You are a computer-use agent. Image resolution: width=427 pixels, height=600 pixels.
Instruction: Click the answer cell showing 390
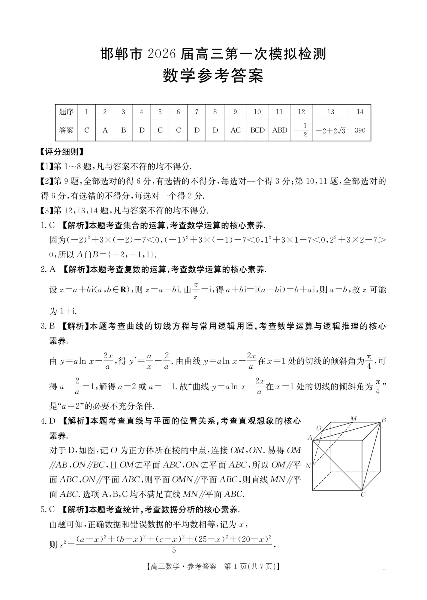click(x=360, y=130)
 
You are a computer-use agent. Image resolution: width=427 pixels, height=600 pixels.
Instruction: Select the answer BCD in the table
click(x=257, y=130)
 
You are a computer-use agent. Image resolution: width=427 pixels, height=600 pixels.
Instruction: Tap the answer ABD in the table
click(x=279, y=130)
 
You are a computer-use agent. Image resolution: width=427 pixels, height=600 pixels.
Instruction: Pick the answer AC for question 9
click(x=235, y=130)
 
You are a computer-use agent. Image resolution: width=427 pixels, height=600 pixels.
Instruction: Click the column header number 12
click(x=301, y=112)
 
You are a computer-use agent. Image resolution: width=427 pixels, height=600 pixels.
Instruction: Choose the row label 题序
click(x=66, y=112)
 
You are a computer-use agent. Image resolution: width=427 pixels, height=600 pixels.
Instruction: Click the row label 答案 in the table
click(x=66, y=130)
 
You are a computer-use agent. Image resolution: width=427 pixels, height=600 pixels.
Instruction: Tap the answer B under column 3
click(x=123, y=130)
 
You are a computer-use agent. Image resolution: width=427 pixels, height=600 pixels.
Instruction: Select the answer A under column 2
click(x=105, y=130)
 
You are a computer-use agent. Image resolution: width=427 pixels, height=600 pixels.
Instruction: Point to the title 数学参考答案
click(x=213, y=76)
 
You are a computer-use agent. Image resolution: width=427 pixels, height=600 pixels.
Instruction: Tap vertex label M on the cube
click(x=353, y=419)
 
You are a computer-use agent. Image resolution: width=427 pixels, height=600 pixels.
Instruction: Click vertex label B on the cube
click(x=383, y=420)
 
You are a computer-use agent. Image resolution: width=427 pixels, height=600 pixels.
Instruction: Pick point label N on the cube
click(x=308, y=466)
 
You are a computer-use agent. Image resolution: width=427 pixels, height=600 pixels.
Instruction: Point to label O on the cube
click(x=319, y=428)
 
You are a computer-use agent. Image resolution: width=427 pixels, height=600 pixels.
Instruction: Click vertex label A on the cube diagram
click(x=310, y=438)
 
